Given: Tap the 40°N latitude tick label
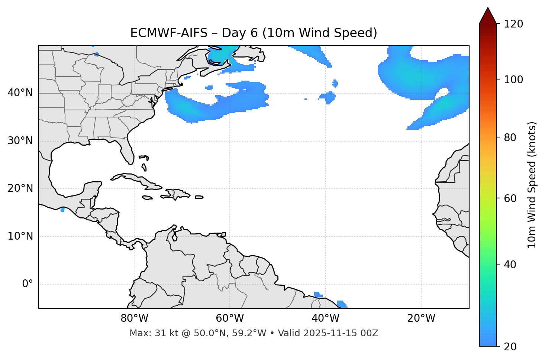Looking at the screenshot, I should point(20,93).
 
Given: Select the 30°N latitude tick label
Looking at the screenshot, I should point(20,141).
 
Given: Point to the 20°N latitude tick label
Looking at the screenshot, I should point(20,188).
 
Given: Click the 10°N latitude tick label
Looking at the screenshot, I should point(20,236).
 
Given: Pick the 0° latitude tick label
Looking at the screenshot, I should point(28,284).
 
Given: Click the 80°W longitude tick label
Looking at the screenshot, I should point(134,318).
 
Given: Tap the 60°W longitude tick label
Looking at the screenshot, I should point(230,318).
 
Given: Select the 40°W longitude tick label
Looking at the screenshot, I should point(325,318).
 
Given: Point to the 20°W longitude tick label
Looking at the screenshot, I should point(421,318).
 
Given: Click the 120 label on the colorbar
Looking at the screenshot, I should point(513,24).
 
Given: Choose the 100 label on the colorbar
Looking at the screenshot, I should point(513,80).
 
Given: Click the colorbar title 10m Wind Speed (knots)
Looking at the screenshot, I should point(532,185).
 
